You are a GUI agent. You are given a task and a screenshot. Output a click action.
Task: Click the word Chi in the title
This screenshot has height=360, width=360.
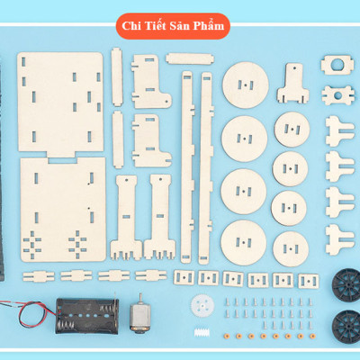(130, 26)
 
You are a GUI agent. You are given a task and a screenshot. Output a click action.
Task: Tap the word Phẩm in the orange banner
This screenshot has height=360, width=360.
(208, 26)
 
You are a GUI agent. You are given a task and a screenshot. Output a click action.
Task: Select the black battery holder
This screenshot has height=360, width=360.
(87, 316)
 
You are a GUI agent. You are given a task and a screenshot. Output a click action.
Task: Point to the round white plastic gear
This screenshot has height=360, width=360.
(202, 305)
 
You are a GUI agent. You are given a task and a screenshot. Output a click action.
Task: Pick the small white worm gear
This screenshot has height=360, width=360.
(202, 333)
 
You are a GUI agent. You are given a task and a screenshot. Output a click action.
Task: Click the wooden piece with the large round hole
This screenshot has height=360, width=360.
(337, 65)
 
